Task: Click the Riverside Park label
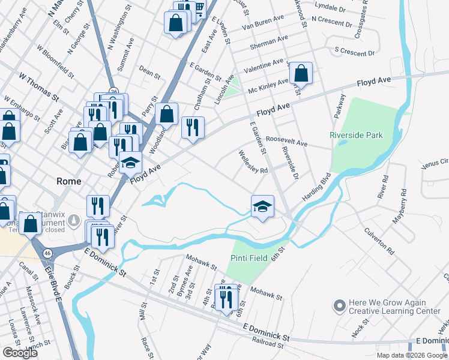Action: point(356,135)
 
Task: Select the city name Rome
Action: point(68,181)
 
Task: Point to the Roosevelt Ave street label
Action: point(286,141)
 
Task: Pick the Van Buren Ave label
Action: point(263,23)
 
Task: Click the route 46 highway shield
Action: point(47,254)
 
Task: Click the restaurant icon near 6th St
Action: point(226,296)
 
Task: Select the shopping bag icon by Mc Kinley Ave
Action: point(301,74)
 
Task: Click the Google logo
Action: point(20,353)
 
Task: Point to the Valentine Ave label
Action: point(266,62)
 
